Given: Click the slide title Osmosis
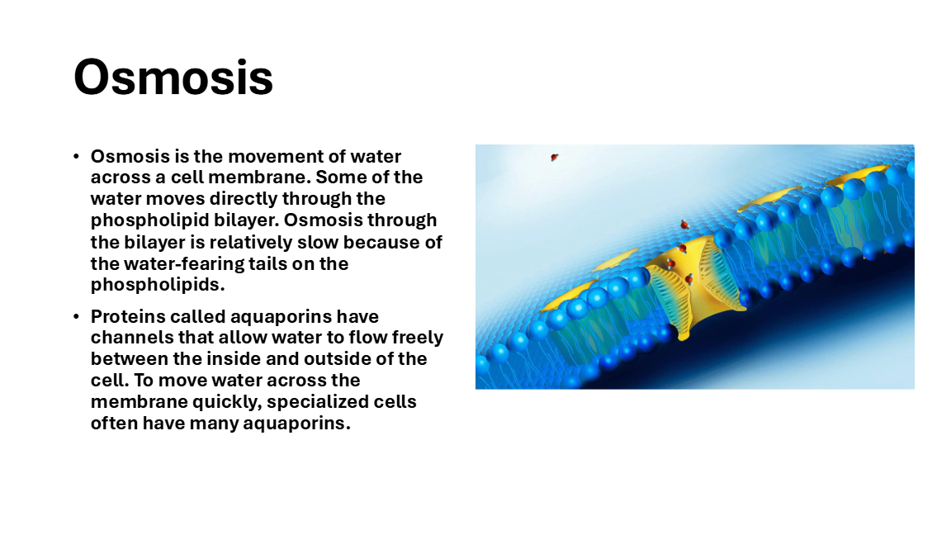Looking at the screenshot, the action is click(173, 78).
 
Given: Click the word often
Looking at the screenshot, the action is click(114, 423).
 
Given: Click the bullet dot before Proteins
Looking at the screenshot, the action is click(77, 317).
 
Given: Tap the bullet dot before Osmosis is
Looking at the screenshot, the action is click(77, 157).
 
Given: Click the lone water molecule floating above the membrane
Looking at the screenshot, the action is click(554, 158).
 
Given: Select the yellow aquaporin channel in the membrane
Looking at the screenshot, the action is click(696, 285).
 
